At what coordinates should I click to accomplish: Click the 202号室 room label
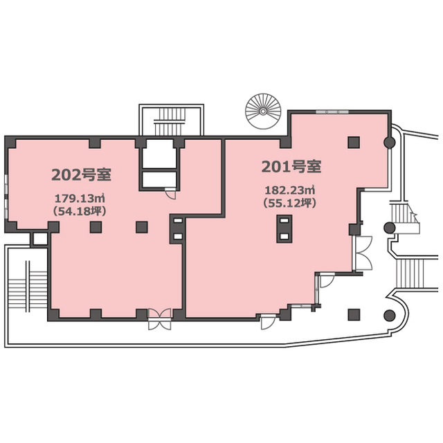click(82, 174)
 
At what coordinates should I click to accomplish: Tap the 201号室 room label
click(291, 166)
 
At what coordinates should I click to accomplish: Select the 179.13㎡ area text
click(80, 199)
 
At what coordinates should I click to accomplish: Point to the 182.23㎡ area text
click(289, 190)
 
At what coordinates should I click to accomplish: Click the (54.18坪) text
click(80, 211)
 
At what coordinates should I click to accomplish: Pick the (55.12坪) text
click(289, 203)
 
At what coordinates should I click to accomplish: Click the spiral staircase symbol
click(263, 111)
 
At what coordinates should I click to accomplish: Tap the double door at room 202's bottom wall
click(160, 319)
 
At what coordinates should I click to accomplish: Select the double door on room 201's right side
click(363, 253)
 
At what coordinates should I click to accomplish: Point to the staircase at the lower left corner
click(27, 287)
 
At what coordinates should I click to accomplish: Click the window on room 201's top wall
click(332, 112)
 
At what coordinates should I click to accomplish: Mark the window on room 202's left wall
click(6, 197)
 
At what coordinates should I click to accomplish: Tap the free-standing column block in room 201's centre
click(284, 229)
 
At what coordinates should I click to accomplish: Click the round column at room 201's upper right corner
click(390, 143)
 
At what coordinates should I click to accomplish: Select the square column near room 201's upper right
click(354, 143)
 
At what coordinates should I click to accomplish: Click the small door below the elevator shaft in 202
click(170, 194)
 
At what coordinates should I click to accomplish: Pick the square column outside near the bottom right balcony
click(354, 315)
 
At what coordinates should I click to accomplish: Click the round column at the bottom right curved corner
click(390, 315)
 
